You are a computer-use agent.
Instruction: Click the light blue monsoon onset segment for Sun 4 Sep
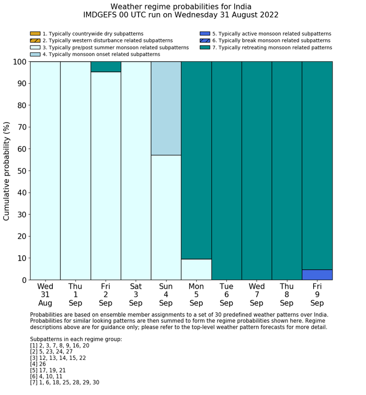click(166, 108)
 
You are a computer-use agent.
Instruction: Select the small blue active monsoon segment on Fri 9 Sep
click(317, 275)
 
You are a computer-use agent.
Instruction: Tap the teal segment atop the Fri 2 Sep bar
click(106, 67)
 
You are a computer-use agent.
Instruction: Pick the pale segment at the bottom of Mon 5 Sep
click(196, 270)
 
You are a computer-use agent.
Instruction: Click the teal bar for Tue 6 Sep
click(226, 170)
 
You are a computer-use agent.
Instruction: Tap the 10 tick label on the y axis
click(20, 258)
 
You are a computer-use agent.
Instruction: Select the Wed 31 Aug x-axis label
click(45, 294)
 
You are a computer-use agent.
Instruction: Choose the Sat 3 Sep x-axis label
click(136, 294)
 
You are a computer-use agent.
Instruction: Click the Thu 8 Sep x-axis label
click(287, 294)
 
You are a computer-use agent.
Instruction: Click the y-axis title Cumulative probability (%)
click(7, 171)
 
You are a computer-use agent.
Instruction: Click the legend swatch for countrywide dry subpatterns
click(35, 34)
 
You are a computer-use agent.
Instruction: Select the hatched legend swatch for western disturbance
click(35, 41)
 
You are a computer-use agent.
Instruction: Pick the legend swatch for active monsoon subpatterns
click(205, 34)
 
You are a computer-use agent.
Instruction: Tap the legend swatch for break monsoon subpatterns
click(205, 41)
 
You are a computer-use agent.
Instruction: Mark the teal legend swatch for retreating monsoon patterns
click(205, 48)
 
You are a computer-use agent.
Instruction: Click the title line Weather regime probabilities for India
click(181, 6)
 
